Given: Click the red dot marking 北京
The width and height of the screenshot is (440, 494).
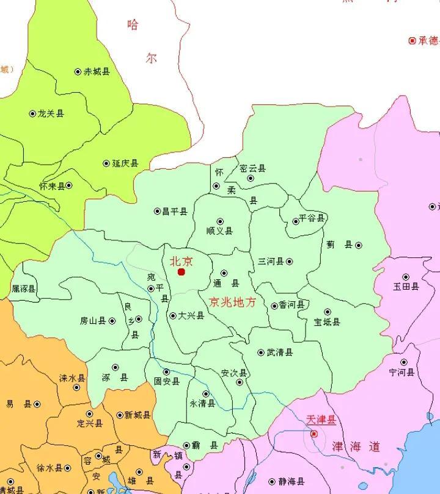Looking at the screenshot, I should pos(181,272).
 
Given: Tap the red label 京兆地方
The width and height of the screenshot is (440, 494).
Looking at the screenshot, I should pos(232,302).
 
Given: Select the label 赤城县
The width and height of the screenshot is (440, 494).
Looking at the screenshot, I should pos(97,72).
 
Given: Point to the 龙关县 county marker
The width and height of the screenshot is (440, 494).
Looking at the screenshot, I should pos(33,113).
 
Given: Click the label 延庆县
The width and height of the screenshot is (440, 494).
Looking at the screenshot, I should pos(125,163).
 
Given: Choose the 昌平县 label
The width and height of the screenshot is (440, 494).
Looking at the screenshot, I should pos(174,212).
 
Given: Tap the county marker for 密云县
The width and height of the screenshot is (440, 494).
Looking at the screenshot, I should pos(251,179).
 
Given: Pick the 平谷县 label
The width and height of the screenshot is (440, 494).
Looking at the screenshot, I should pos(312,218).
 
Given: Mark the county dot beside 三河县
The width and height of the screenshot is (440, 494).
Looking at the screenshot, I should pos(290,262).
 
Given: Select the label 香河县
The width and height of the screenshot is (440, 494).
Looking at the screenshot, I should pos(291,305).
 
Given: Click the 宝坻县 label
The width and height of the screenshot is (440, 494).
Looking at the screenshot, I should pos(327,322).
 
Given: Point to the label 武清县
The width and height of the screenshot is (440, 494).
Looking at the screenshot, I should pos(280,353).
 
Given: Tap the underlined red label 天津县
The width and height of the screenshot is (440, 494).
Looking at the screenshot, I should pos(321,421).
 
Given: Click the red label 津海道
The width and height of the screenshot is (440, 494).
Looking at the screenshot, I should pos(356,447).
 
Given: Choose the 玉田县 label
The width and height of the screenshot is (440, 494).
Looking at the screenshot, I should pos(406,287).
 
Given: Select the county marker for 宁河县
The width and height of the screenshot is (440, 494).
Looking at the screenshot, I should pos(403,362).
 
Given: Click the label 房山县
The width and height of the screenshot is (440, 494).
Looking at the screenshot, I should pos(93,321).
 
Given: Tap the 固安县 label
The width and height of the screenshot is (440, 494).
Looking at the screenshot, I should pos(167,382).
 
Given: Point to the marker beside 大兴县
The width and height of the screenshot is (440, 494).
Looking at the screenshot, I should pos(172,315).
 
